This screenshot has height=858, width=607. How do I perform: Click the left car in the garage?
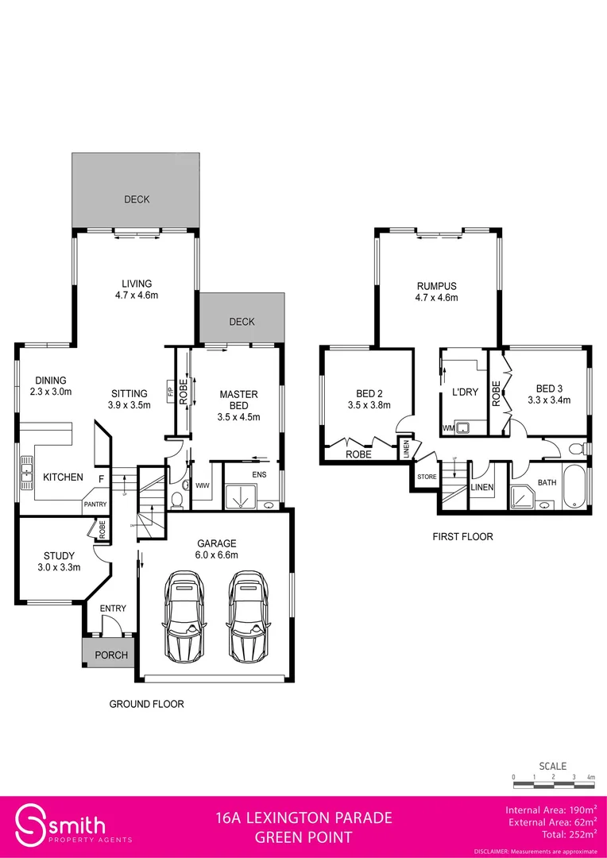184,618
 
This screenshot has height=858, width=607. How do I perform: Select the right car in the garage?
248,618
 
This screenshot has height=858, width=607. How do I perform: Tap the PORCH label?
111,655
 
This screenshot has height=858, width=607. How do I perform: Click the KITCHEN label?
63,477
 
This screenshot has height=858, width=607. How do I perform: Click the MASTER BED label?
238,400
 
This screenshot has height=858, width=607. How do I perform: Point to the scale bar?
553,785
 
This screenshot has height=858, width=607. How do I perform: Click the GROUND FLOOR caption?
146,704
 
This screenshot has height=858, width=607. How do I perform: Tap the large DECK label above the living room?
137,199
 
